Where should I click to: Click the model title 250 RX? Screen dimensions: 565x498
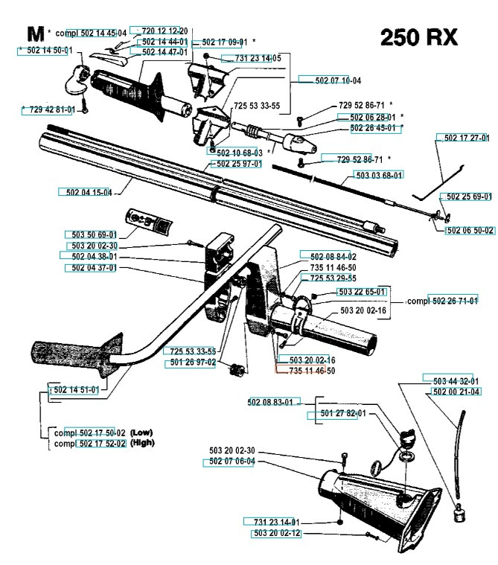click(418, 37)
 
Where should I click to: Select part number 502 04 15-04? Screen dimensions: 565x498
click(85, 192)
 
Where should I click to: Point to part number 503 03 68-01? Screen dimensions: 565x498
click(376, 175)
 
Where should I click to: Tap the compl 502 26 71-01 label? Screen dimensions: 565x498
click(442, 301)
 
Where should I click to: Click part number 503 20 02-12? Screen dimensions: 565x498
click(271, 533)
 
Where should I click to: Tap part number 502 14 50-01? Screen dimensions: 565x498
click(47, 50)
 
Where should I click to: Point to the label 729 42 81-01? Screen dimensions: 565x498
click(49, 109)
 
